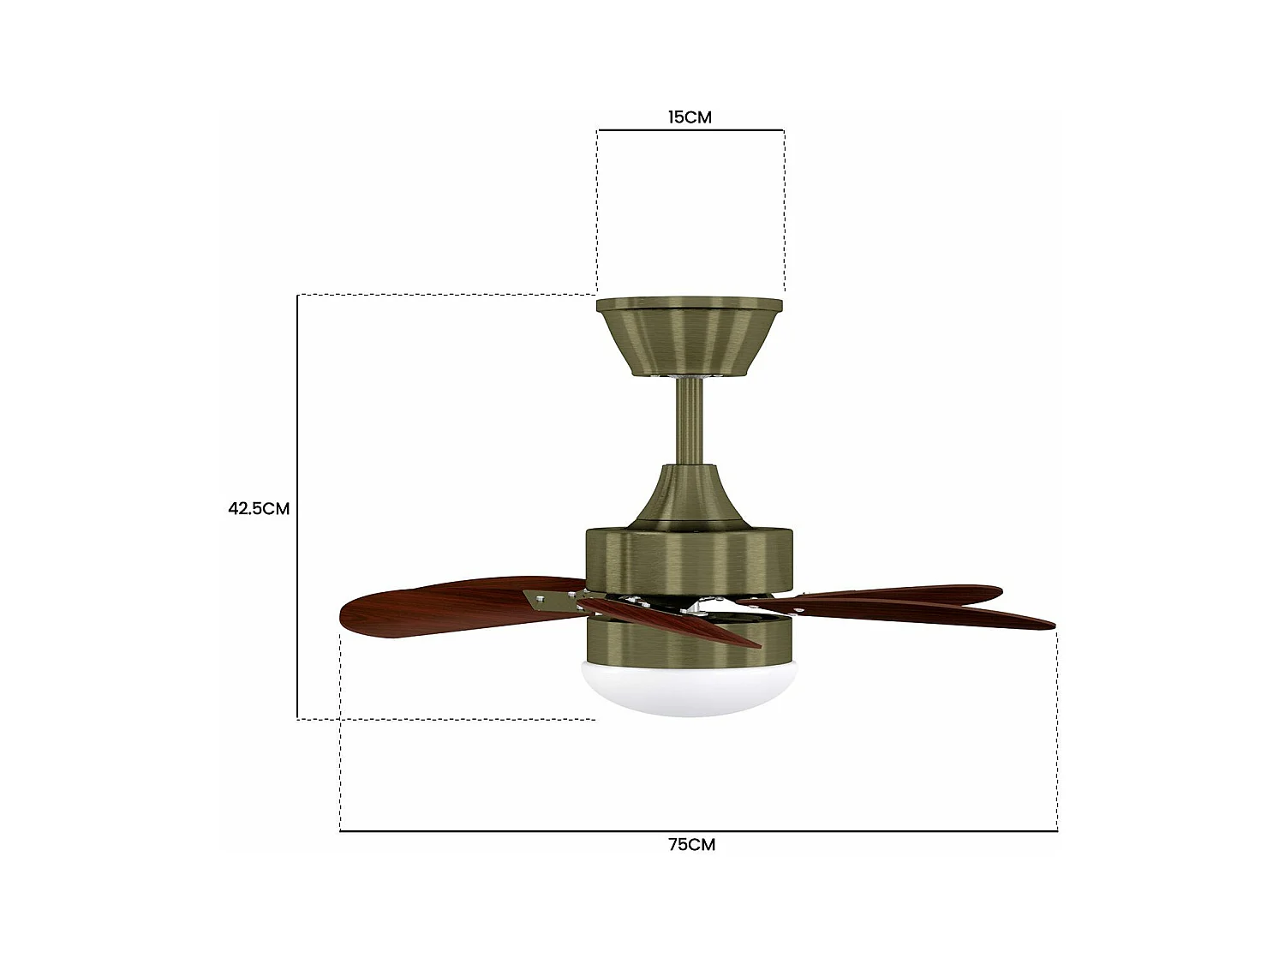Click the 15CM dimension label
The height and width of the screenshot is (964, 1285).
(x=690, y=117)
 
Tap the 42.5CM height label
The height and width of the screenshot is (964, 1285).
(x=259, y=508)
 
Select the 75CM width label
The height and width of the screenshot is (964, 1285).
(x=691, y=844)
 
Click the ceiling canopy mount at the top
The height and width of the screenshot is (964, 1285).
(x=690, y=335)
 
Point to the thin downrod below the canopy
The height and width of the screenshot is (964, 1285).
(x=690, y=420)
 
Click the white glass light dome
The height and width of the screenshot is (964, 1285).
(x=690, y=690)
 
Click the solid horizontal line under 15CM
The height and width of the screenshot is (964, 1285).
(x=690, y=130)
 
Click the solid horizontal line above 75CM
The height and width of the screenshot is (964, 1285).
(x=698, y=830)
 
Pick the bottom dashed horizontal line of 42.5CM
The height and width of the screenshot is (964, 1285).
(x=445, y=719)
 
